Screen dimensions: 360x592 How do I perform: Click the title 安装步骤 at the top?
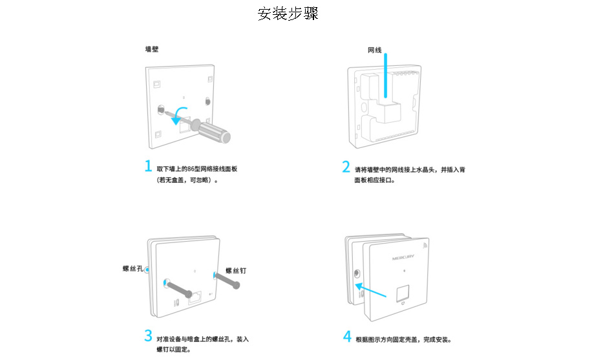[x=288, y=14]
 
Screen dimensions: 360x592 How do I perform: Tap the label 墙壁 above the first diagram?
[x=152, y=49]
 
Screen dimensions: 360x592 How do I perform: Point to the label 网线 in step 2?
[x=374, y=50]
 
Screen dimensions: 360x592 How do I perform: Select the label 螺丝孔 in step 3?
[x=132, y=268]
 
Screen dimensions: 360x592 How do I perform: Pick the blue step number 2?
[x=346, y=167]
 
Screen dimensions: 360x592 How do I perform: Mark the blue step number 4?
[x=347, y=337]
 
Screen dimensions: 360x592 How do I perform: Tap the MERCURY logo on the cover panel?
[x=404, y=257]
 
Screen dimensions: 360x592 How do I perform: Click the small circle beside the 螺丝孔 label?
[x=147, y=269]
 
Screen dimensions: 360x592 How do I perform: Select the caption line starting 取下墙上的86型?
[x=197, y=169]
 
